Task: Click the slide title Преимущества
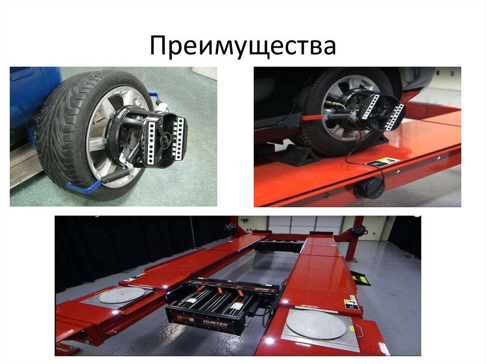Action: pos(243,47)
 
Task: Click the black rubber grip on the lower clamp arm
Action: pos(111,177)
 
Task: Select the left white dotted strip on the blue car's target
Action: pos(151,140)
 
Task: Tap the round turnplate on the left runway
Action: pos(122,295)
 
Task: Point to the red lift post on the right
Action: pos(353,240)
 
